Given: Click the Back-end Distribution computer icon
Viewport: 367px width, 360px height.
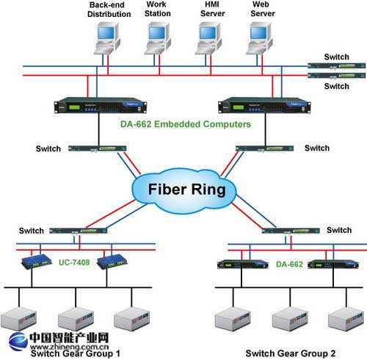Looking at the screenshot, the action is (107, 38).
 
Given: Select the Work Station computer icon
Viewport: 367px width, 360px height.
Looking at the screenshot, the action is (157, 38).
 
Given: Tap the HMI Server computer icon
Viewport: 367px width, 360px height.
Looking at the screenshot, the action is (208, 38).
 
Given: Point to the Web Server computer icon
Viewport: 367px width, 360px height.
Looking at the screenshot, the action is (259, 38).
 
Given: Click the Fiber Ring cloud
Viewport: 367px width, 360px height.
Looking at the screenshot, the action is (184, 190).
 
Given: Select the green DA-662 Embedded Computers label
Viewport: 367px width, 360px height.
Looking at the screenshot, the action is (186, 124).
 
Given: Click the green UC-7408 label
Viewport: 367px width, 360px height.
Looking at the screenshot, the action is (74, 262).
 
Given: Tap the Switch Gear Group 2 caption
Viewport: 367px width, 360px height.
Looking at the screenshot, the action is (291, 353).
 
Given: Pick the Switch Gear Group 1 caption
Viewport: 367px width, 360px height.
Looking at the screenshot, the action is (76, 353).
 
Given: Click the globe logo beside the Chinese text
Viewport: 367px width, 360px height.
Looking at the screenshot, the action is (18, 342).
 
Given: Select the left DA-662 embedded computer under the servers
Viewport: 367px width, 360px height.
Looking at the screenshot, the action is (101, 105).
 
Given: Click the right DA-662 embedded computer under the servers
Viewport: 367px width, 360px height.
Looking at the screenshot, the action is (264, 105).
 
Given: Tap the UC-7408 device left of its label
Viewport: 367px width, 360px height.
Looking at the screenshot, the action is (37, 262).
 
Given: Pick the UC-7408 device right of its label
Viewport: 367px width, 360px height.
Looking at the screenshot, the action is (112, 262).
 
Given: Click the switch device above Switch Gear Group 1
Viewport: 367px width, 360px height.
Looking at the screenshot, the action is (79, 231).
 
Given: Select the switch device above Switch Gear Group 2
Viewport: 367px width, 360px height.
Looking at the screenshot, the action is (291, 231).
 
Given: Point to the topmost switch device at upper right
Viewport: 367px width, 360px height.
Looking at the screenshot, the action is (337, 65).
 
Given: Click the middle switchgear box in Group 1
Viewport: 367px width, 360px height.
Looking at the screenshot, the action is (76, 319).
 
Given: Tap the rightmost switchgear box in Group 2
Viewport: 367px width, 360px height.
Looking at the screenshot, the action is (346, 319).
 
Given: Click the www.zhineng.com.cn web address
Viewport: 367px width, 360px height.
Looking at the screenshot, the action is (70, 347).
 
